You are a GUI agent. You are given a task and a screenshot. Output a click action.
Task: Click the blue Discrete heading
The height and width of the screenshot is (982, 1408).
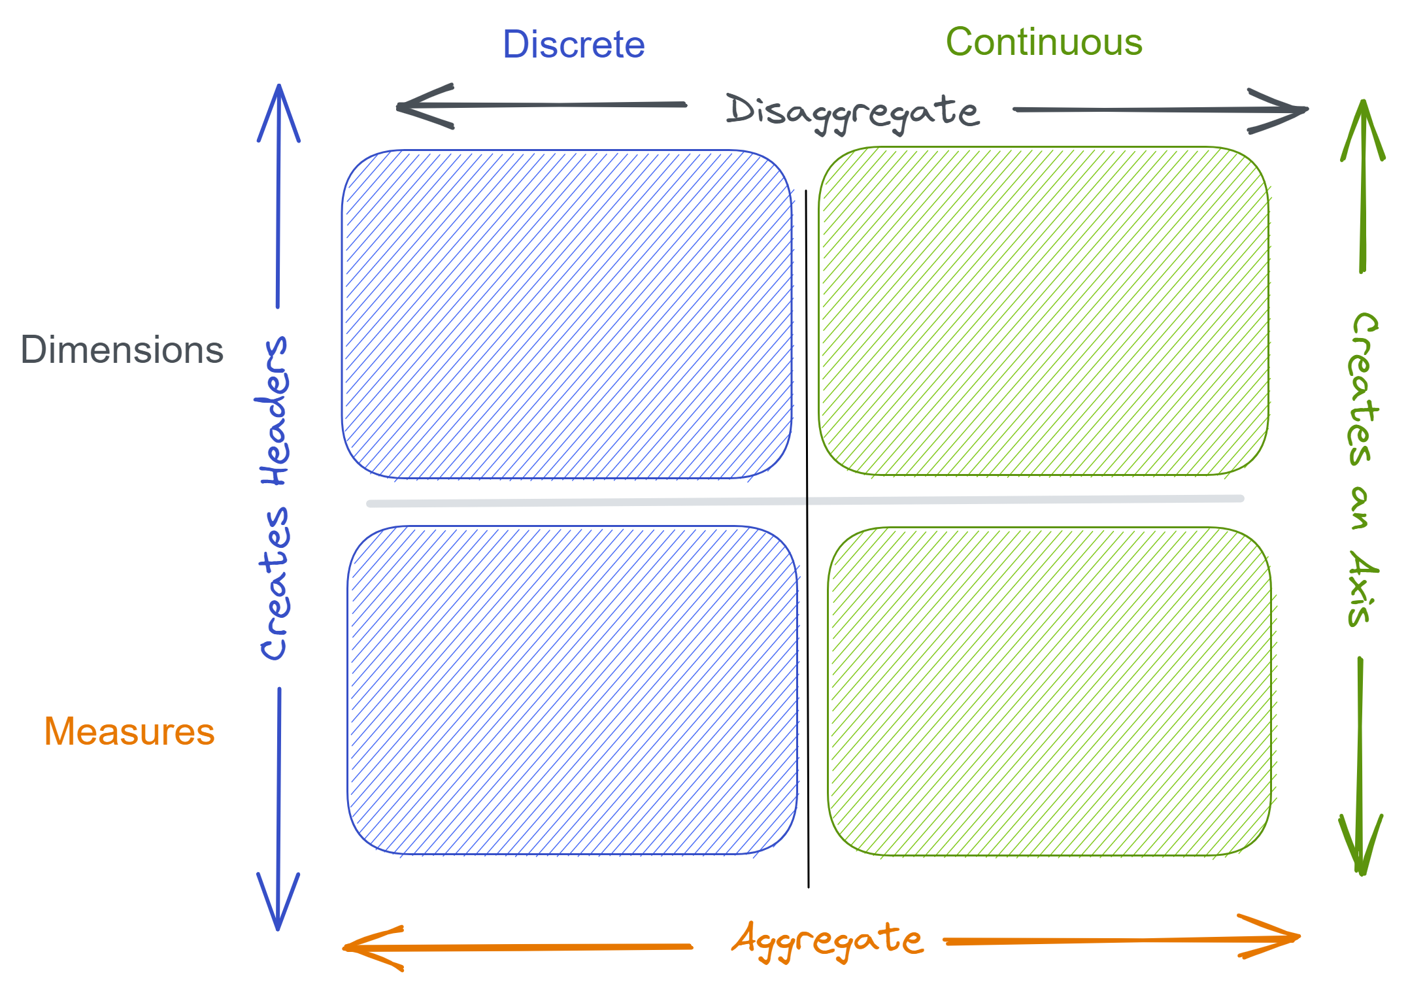573,44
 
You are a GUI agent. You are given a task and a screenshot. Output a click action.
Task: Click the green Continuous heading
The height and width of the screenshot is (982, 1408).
1044,42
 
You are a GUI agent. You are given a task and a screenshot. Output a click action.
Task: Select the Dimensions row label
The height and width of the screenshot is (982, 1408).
122,350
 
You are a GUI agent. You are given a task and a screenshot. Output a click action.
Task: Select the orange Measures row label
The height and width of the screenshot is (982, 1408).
129,731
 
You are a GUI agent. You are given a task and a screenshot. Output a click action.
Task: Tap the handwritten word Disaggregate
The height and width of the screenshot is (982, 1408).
852,111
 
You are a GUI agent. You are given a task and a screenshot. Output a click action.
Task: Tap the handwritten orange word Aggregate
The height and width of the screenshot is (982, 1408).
828,940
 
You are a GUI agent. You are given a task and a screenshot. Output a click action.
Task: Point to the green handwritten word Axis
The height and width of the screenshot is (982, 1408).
1362,588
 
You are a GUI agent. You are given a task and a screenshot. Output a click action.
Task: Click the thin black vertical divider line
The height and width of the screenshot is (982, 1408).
807,654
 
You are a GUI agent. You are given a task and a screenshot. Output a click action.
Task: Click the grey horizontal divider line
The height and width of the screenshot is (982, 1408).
588,503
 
